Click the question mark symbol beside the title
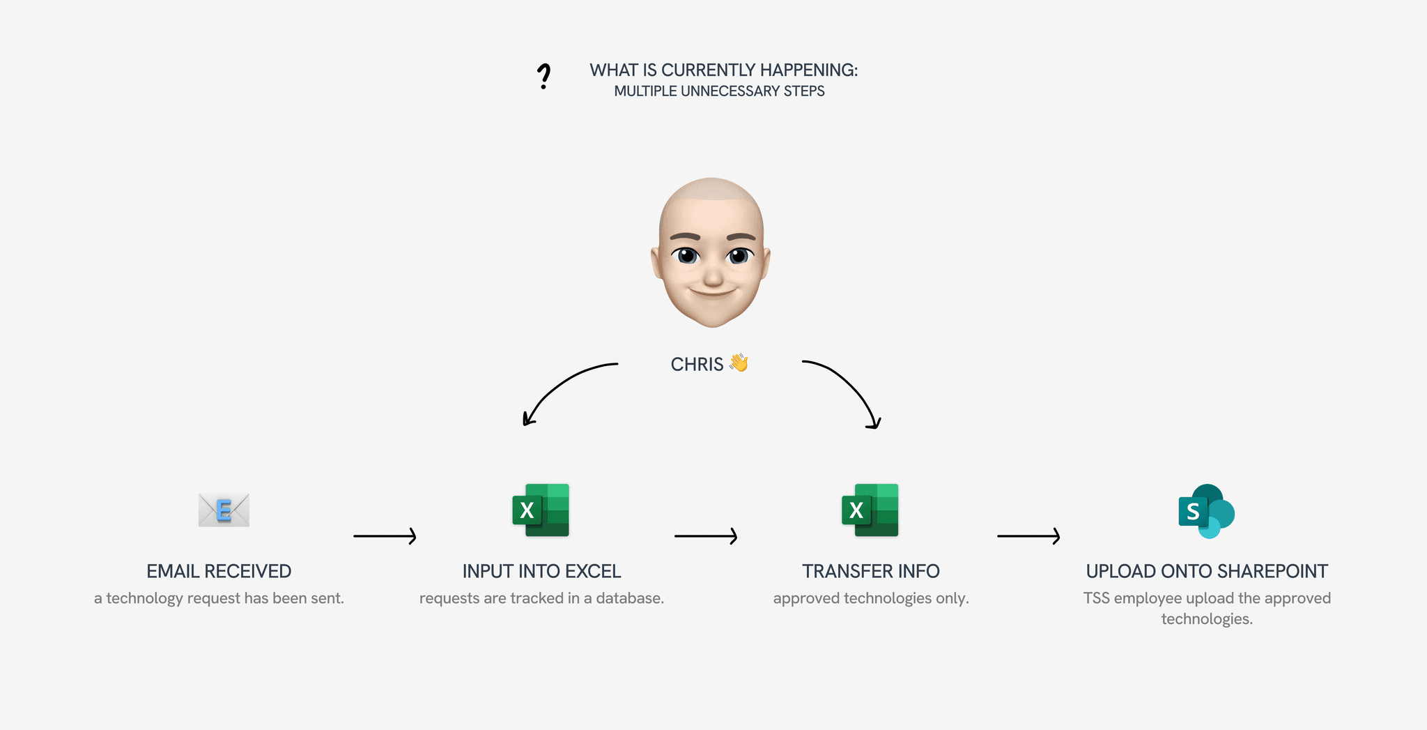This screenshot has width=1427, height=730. (x=543, y=76)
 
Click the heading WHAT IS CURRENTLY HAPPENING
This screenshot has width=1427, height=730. (x=723, y=70)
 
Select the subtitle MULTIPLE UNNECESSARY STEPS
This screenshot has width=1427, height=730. (x=719, y=91)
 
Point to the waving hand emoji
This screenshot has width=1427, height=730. (x=739, y=363)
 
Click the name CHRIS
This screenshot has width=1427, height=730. (x=697, y=365)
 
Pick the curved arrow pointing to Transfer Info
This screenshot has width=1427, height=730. (x=847, y=388)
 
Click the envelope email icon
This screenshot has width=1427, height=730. (x=224, y=510)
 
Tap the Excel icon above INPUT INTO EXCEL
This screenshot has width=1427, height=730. (x=541, y=510)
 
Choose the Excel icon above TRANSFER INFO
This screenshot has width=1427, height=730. (x=870, y=510)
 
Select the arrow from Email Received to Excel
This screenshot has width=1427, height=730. (x=385, y=536)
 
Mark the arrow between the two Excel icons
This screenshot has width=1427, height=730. (x=706, y=536)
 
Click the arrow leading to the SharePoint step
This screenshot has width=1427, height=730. (x=1028, y=536)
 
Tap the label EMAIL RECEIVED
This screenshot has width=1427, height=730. (x=219, y=572)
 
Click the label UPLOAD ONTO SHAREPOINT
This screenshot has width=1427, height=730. (x=1207, y=572)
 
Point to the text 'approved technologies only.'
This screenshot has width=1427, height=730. (x=871, y=598)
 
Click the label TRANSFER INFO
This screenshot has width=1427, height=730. (x=871, y=572)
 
